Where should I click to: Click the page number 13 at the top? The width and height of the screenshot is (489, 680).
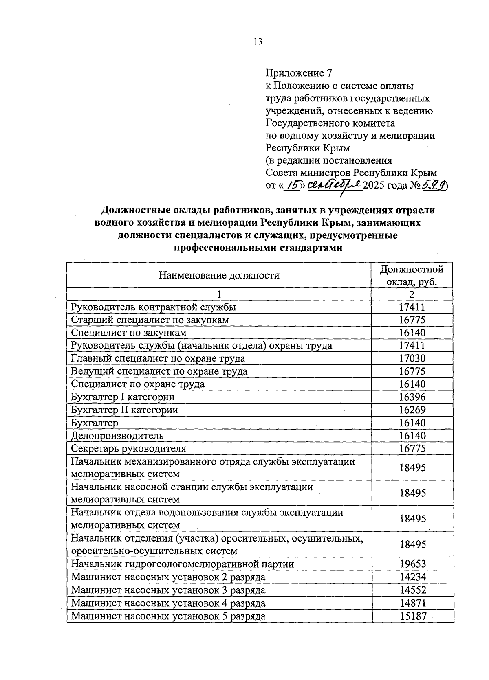(258, 42)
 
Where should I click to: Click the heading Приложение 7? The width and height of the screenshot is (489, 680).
(299, 73)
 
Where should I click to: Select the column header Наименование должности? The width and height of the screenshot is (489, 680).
(219, 275)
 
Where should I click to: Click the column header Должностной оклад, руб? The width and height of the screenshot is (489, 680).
(412, 275)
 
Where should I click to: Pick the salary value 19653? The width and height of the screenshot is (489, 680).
(412, 564)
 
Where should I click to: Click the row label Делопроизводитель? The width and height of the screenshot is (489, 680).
(117, 436)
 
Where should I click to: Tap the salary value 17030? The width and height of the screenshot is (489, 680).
(412, 358)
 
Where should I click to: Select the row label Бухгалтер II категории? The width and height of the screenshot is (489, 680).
(124, 410)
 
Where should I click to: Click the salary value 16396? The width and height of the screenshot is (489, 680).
(412, 397)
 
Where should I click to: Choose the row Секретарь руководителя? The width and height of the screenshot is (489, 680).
(128, 449)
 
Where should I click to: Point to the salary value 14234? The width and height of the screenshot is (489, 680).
(412, 577)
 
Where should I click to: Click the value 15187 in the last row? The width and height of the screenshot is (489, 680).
(412, 616)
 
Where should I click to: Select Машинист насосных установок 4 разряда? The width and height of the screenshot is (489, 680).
(168, 603)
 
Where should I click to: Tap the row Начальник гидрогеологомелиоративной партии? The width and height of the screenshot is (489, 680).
(182, 564)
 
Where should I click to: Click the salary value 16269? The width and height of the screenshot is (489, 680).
(412, 410)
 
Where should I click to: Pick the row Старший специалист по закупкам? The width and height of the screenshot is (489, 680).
(150, 320)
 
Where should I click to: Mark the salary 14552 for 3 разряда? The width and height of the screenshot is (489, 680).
(412, 590)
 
